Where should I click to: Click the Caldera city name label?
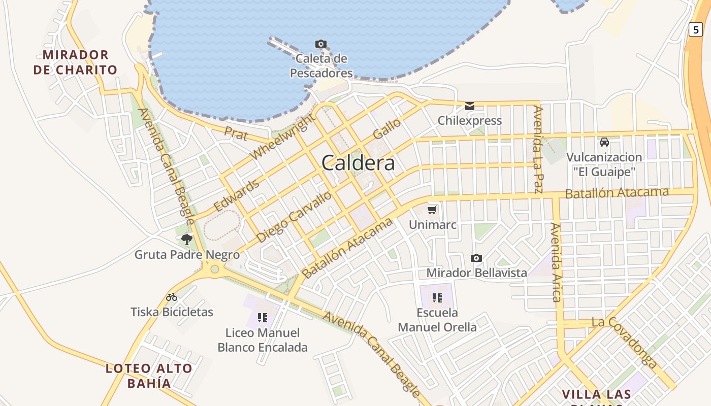click(x=358, y=163)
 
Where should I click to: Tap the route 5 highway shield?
click(x=696, y=29)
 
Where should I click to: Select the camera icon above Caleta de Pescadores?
click(x=320, y=44)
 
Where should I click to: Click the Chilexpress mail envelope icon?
click(x=470, y=106)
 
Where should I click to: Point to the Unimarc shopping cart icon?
click(x=432, y=210)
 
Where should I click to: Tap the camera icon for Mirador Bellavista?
click(x=476, y=258)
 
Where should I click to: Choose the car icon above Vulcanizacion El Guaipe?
click(x=604, y=142)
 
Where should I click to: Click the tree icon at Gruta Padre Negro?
click(x=187, y=240)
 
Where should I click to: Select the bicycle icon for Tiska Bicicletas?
click(x=172, y=297)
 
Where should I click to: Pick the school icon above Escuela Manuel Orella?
click(x=437, y=297)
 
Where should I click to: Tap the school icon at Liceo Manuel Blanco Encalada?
click(x=262, y=318)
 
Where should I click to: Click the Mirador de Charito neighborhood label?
click(x=75, y=62)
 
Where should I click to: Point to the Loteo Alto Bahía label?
click(x=149, y=376)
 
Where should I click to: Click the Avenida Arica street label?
click(x=556, y=262)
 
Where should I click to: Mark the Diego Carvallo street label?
click(x=294, y=217)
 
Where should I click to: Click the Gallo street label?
click(x=386, y=129)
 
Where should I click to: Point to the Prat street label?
click(x=236, y=133)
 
